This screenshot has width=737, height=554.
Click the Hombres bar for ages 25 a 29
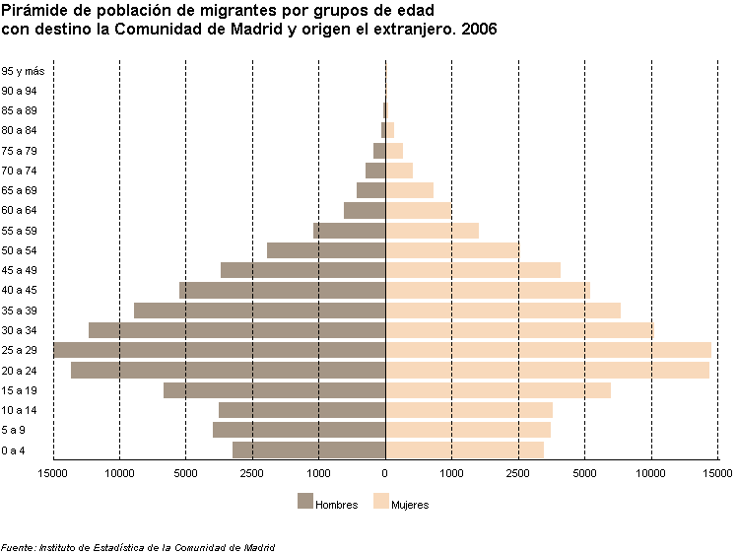pyautogui.click(x=219, y=350)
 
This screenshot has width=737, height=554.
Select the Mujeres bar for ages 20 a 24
pyautogui.click(x=547, y=370)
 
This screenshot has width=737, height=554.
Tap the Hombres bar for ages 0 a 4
pyautogui.click(x=308, y=450)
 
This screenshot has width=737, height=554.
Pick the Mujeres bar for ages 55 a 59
pyautogui.click(x=432, y=230)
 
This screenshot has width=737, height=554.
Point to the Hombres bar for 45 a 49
pyautogui.click(x=302, y=270)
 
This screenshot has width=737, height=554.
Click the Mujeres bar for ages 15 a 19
pyautogui.click(x=498, y=390)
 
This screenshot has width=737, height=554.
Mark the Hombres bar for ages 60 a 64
pyautogui.click(x=365, y=210)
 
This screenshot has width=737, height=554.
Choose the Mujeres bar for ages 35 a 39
pyautogui.click(x=502, y=311)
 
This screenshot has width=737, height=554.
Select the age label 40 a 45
pyautogui.click(x=20, y=290)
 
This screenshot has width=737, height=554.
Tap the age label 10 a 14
pyautogui.click(x=20, y=410)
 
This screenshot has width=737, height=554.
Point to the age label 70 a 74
pyautogui.click(x=20, y=171)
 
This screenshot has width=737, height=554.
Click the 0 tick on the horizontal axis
pyautogui.click(x=385, y=474)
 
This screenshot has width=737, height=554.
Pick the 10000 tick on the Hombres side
pyautogui.click(x=119, y=474)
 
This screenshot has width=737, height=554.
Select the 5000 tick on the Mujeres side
pyautogui.click(x=584, y=474)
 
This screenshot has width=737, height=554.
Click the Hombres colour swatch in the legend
pyautogui.click(x=304, y=501)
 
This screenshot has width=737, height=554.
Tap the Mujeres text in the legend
pyautogui.click(x=410, y=505)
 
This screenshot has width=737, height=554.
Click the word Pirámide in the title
pyautogui.click(x=32, y=11)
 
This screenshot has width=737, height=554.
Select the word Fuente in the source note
pyautogui.click(x=18, y=546)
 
